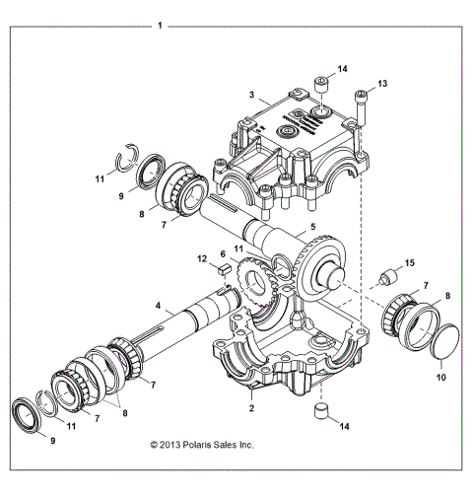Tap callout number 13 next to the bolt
383,84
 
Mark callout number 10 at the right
439,376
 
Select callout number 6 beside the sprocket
224,253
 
